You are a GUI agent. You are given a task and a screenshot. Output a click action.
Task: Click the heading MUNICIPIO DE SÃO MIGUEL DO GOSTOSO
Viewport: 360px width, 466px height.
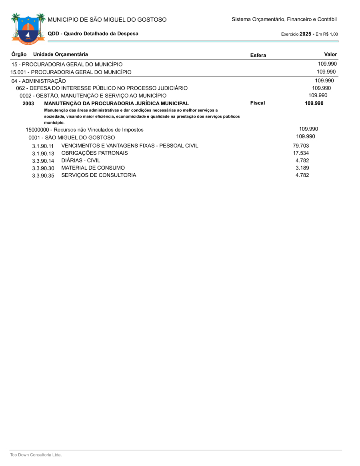click(107, 20)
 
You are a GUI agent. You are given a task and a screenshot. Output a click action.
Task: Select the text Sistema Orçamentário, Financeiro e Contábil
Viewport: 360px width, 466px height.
click(284, 19)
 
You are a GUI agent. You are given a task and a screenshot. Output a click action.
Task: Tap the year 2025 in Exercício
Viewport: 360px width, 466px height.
click(306, 34)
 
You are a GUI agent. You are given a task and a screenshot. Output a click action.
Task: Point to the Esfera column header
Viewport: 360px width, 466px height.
click(258, 55)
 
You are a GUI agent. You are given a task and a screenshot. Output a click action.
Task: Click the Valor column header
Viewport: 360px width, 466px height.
click(330, 54)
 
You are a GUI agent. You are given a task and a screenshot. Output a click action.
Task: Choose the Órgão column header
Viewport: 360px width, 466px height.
click(19, 54)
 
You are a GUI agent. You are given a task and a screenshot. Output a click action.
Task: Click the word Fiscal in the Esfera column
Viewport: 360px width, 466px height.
click(258, 103)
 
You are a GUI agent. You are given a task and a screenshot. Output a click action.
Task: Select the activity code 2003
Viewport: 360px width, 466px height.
click(28, 104)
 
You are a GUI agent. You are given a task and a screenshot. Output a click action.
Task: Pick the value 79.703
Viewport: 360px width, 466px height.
click(301, 146)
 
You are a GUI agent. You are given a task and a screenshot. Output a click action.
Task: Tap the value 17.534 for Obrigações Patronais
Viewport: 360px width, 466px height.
click(301, 153)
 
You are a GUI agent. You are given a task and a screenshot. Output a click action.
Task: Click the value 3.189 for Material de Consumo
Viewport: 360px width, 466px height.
click(302, 168)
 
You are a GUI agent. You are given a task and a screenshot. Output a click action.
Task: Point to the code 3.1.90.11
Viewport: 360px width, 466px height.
click(43, 146)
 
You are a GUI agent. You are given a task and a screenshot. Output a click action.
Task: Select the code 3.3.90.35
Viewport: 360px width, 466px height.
click(43, 176)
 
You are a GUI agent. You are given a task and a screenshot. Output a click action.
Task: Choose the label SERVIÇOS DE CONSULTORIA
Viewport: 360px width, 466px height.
click(98, 175)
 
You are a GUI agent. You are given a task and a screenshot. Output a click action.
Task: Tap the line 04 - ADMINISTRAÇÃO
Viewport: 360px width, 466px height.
click(38, 81)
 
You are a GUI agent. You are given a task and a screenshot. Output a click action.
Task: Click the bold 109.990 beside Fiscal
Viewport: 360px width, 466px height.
click(314, 103)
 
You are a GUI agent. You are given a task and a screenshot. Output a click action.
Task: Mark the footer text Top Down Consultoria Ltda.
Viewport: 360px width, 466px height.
click(36, 455)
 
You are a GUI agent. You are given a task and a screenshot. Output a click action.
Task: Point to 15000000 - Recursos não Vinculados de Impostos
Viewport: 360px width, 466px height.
click(84, 130)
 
